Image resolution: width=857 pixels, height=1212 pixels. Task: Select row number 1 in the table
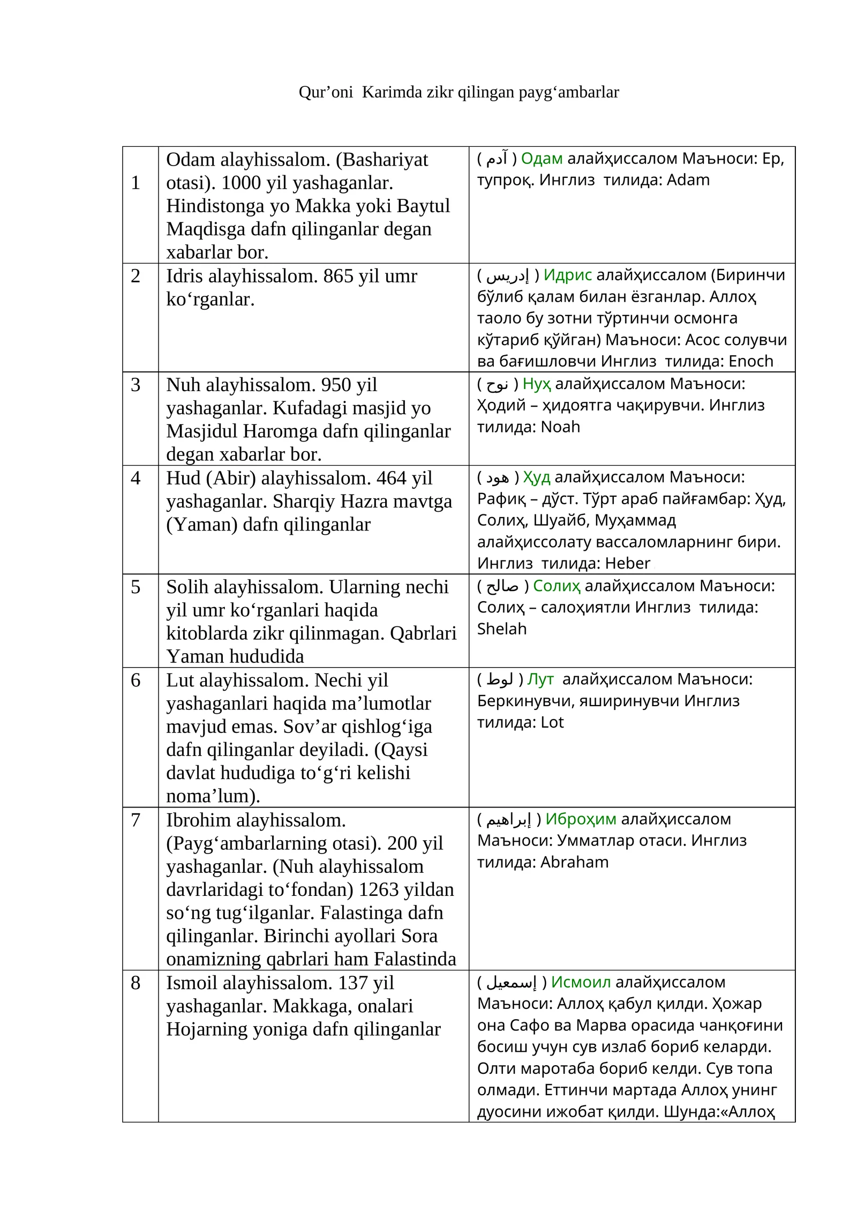[136, 183]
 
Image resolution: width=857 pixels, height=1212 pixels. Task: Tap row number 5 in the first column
[136, 587]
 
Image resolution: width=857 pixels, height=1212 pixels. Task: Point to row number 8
[136, 983]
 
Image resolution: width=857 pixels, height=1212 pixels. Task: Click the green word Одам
[542, 159]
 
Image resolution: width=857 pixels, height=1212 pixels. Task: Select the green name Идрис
[567, 275]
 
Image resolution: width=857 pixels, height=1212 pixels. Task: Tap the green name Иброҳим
[581, 819]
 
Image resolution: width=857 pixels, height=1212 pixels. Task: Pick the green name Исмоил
[581, 982]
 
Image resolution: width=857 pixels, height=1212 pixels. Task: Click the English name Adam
[688, 180]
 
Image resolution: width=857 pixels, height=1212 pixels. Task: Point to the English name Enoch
[751, 361]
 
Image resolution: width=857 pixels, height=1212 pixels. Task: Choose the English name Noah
[560, 427]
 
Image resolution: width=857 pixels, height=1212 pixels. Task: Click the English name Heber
[627, 563]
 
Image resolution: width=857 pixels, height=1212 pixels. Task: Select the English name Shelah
[502, 629]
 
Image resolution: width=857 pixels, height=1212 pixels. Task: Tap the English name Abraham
[574, 862]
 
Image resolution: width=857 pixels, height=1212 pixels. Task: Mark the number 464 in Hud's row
[394, 478]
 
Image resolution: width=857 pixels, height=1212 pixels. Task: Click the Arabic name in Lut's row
[500, 679]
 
